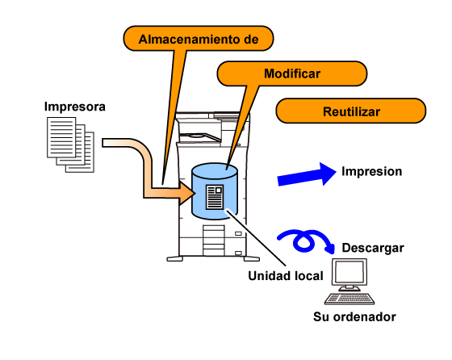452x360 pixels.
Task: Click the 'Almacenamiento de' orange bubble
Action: pos(199,39)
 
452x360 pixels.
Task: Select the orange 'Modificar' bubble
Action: pos(292,73)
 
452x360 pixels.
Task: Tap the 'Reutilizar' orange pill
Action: pos(351,111)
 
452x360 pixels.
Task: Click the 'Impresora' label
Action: pos(75,107)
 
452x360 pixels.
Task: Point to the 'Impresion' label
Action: pos(371,171)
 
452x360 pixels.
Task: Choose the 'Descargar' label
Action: pos(373,248)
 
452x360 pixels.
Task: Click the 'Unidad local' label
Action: pos(286,276)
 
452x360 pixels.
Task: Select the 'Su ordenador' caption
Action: pos(354,316)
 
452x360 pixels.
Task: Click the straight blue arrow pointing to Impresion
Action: pos(307,174)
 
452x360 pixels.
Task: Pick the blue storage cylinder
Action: pos(215,191)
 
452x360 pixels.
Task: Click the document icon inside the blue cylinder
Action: pos(215,197)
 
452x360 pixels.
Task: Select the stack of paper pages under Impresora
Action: pos(71,144)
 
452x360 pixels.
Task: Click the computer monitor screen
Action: pos(349,272)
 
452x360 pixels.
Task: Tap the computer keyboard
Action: pos(349,299)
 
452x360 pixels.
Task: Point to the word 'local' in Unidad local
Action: pos(309,276)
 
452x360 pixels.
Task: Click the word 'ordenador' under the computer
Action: pos(366,316)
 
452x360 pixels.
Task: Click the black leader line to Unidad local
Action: pos(257,237)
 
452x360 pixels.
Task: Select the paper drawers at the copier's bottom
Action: pos(213,241)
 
